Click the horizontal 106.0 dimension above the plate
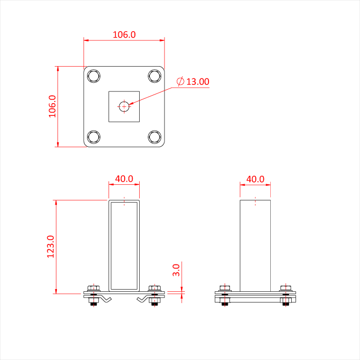click(124, 34)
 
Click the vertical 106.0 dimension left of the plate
click(52, 106)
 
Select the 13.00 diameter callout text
click(198, 82)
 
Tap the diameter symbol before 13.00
click(181, 82)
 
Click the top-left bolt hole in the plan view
click(93, 75)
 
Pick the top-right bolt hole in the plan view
click(155, 75)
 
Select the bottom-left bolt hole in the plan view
click(93, 137)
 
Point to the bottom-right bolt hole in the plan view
click(155, 137)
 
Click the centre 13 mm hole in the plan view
click(125, 106)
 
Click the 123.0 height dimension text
click(51, 246)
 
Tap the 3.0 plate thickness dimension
click(176, 270)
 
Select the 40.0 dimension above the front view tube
click(124, 178)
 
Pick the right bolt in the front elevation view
click(155, 294)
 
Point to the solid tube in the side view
click(255, 244)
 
